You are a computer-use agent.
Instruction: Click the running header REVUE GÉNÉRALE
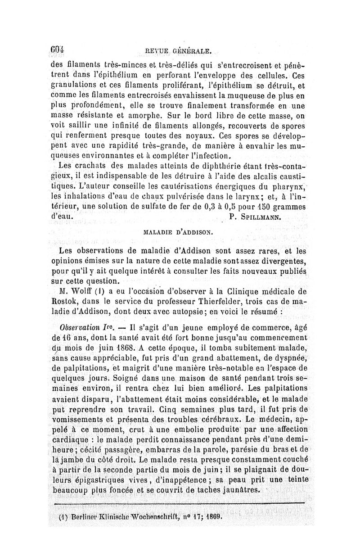coord(176,51)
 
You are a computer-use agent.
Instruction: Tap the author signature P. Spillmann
coord(255,217)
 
